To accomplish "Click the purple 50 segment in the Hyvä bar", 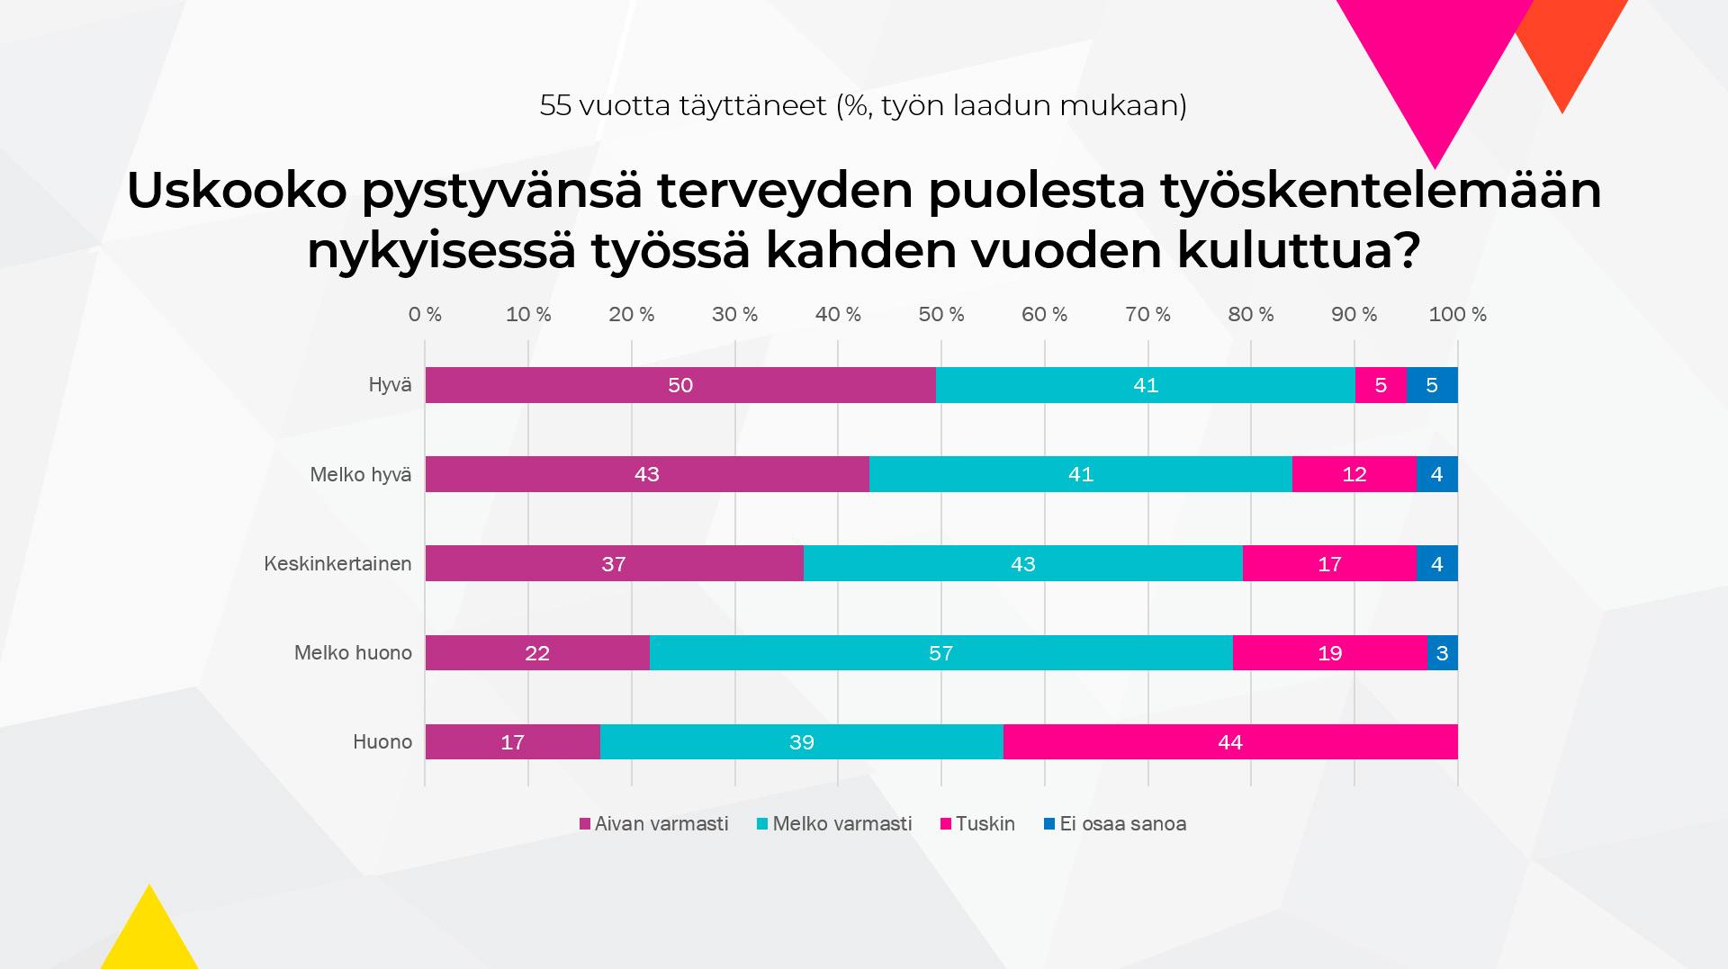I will pyautogui.click(x=680, y=385).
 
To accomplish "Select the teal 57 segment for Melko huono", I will pyautogui.click(x=940, y=653).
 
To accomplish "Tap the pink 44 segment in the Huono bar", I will pyautogui.click(x=1229, y=742).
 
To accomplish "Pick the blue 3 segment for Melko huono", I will pyautogui.click(x=1442, y=653).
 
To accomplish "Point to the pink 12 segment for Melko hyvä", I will pyautogui.click(x=1354, y=474).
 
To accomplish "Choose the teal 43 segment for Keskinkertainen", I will pyautogui.click(x=1022, y=564).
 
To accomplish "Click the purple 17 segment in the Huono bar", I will pyautogui.click(x=512, y=742).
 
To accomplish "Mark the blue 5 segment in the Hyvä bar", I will pyautogui.click(x=1432, y=385).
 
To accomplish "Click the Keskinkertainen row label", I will pyautogui.click(x=337, y=564).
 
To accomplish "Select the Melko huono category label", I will pyautogui.click(x=353, y=653).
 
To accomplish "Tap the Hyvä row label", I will pyautogui.click(x=390, y=385).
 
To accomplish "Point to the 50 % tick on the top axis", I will pyautogui.click(x=941, y=315).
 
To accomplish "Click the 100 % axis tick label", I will pyautogui.click(x=1457, y=315).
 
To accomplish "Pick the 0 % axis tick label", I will pyautogui.click(x=425, y=315).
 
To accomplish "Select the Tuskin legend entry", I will pyautogui.click(x=985, y=824).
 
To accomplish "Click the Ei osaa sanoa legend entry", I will pyautogui.click(x=1121, y=824).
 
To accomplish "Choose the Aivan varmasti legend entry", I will pyautogui.click(x=661, y=824).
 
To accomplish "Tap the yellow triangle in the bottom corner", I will pyautogui.click(x=149, y=936).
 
